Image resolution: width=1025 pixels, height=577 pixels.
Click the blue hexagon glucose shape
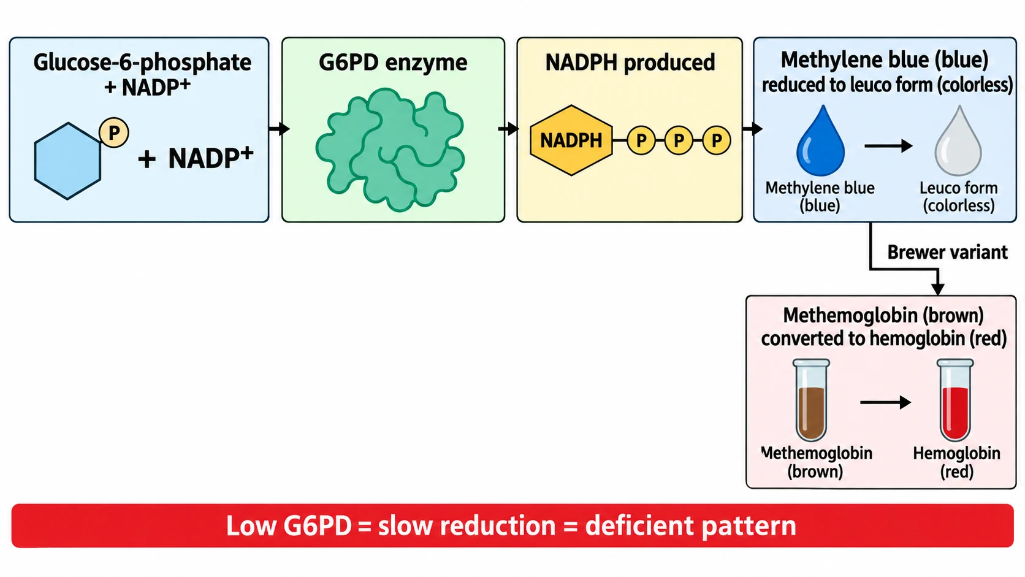point(67,161)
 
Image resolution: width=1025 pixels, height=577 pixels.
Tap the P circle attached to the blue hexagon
point(114,132)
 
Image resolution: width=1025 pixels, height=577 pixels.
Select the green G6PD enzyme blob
point(391,149)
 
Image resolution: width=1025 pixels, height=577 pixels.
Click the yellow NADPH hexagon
point(571,140)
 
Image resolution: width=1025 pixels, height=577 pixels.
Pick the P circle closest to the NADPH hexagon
point(641,140)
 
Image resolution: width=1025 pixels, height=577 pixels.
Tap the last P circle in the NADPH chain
point(716,140)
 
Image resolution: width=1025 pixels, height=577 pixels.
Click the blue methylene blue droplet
point(820,141)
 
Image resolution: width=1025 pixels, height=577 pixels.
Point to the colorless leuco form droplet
point(958,141)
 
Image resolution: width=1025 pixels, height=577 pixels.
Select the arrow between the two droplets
point(888,146)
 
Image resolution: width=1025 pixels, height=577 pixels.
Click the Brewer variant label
point(947,252)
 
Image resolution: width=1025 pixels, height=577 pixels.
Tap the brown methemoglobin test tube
point(811,400)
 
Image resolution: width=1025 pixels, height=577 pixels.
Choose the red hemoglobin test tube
point(955,400)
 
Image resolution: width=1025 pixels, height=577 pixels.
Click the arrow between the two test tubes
point(885,402)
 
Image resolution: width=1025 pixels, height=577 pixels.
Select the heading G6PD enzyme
point(393,62)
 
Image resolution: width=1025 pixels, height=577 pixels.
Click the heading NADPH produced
point(630,62)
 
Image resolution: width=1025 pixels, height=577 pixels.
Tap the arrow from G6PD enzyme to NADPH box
point(508,129)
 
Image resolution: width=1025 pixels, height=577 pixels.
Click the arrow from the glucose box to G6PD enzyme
point(279,129)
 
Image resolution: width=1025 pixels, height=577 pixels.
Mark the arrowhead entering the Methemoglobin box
point(938,289)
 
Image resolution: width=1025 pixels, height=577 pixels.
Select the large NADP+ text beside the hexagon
point(210,158)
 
